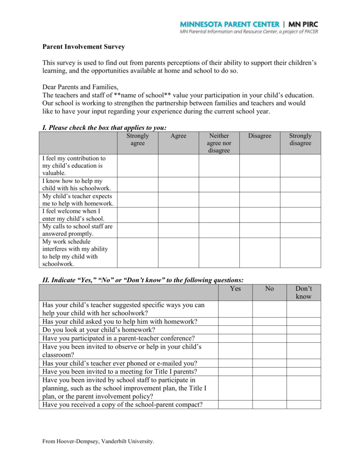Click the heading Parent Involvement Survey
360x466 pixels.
(x=83, y=47)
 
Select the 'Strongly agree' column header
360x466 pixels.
(x=137, y=140)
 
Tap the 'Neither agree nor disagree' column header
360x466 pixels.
(x=219, y=143)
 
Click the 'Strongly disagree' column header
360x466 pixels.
(x=300, y=140)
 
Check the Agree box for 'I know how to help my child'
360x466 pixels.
(x=178, y=184)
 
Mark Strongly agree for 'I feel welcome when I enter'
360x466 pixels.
(x=137, y=215)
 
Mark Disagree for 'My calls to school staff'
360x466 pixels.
(x=259, y=230)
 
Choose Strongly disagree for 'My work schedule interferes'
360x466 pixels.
(x=300, y=253)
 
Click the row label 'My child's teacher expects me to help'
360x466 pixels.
(x=78, y=200)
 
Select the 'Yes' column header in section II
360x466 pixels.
(x=235, y=289)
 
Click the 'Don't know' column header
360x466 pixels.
(x=304, y=293)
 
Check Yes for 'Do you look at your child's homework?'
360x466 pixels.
(x=235, y=329)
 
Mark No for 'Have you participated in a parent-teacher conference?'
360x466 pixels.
(x=269, y=338)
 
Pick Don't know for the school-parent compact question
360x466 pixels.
(x=304, y=405)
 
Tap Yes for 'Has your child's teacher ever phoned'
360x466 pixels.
(x=235, y=363)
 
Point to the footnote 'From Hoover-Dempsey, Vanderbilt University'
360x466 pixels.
(x=98, y=441)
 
